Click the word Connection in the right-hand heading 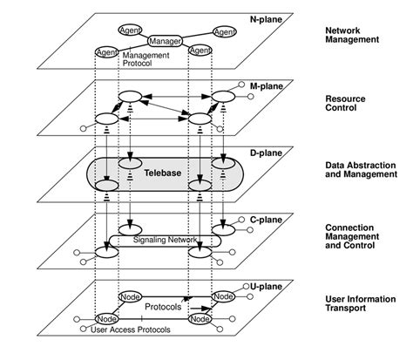pyautogui.click(x=342, y=228)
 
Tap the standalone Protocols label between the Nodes pyautogui.click(x=163, y=307)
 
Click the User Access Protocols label pyautogui.click(x=130, y=332)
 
